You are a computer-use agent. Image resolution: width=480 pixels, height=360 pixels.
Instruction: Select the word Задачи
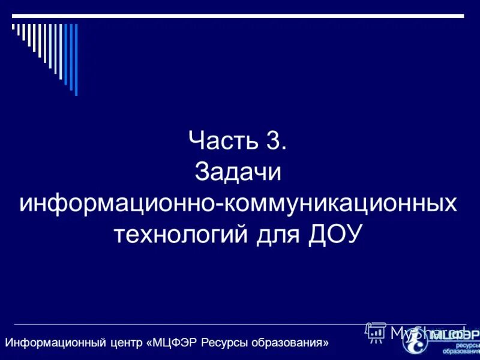click(x=238, y=173)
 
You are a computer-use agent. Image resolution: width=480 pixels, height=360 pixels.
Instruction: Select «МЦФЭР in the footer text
click(x=172, y=343)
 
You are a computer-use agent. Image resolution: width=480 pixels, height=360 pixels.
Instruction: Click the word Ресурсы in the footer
click(x=221, y=343)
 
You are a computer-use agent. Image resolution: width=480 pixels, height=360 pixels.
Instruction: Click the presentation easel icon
click(x=376, y=332)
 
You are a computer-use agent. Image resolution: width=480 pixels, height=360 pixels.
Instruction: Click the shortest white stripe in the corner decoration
click(x=13, y=26)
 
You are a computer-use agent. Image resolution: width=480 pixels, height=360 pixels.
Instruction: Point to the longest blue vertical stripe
click(x=76, y=59)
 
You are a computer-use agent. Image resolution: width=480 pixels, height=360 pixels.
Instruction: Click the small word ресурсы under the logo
click(x=467, y=345)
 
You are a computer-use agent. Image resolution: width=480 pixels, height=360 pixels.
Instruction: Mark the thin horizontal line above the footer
click(x=180, y=325)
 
